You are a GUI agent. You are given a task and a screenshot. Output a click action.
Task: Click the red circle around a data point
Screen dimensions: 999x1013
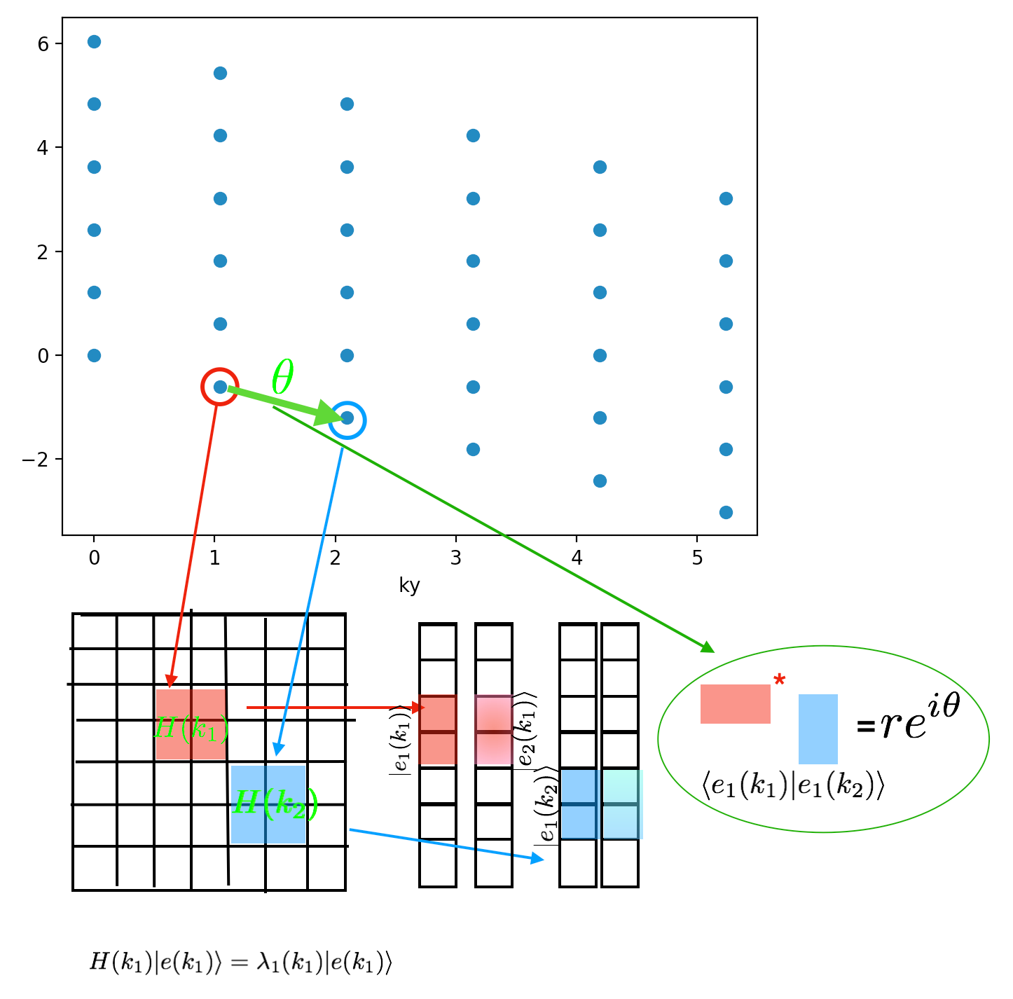[x=219, y=386]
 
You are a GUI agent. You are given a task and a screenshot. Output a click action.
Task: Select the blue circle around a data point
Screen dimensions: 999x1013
[x=347, y=420]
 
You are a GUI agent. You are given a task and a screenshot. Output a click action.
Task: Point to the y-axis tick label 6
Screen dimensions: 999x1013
[x=43, y=44]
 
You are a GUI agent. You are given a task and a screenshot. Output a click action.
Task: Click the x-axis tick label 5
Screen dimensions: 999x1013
[x=697, y=558]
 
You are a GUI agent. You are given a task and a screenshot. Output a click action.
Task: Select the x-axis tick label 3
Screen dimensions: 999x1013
[x=456, y=558]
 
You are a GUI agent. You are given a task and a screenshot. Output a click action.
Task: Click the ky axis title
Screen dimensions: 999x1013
[x=409, y=585]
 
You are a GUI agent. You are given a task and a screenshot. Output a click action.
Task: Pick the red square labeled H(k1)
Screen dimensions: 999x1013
[x=191, y=724]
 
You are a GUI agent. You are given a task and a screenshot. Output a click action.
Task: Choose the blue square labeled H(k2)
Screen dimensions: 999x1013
[x=268, y=804]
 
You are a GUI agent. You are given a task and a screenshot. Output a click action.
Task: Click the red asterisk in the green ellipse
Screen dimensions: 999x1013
[x=779, y=680]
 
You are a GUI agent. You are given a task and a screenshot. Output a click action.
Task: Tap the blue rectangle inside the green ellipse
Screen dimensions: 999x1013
[x=818, y=729]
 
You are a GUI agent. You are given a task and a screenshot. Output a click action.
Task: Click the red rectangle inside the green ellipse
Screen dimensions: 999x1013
[x=735, y=703]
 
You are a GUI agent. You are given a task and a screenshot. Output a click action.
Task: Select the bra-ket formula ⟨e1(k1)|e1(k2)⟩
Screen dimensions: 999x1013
[x=793, y=787]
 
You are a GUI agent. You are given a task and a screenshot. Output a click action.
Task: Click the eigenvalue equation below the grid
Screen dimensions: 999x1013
[x=240, y=963]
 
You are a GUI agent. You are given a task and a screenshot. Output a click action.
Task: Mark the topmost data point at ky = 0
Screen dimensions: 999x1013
[x=94, y=42]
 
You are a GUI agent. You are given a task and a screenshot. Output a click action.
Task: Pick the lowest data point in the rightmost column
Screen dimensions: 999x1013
[x=726, y=512]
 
